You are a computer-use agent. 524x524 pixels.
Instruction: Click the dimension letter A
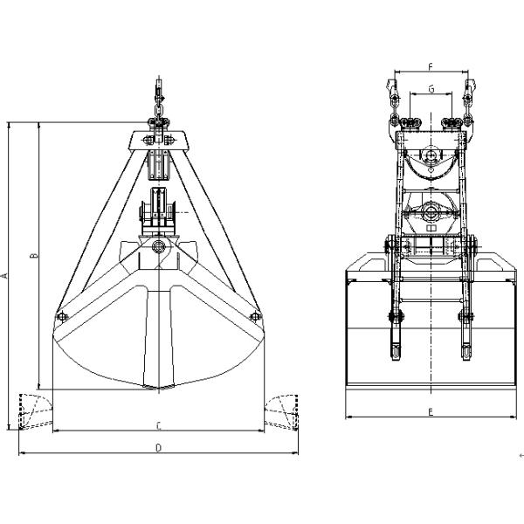tap(4, 276)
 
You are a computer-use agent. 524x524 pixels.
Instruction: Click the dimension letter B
tap(34, 256)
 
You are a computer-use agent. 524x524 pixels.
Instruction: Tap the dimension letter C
tap(159, 426)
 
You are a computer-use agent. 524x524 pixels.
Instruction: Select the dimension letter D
tap(159, 448)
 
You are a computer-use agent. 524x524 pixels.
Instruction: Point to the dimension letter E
tap(431, 412)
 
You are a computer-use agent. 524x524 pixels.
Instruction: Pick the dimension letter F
tap(431, 67)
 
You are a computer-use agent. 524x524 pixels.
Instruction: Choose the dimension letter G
tap(431, 89)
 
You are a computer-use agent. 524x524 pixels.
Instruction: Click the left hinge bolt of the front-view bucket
tap(62, 316)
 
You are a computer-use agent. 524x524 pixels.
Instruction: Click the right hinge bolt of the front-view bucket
tap(255, 316)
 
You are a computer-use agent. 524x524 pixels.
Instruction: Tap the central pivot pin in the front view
tap(158, 247)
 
